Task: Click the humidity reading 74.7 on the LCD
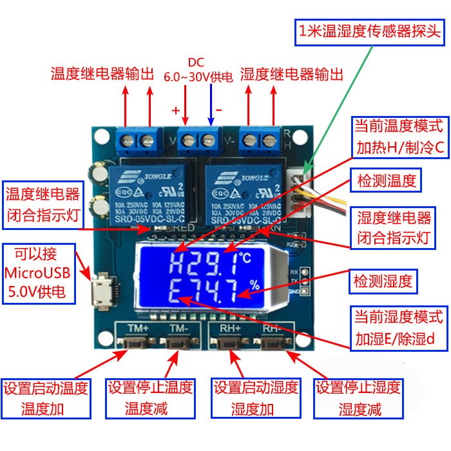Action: coord(215,293)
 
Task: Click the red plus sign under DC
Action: coord(175,110)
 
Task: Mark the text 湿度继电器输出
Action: coord(291,73)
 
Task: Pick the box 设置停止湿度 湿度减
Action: coord(358,398)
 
